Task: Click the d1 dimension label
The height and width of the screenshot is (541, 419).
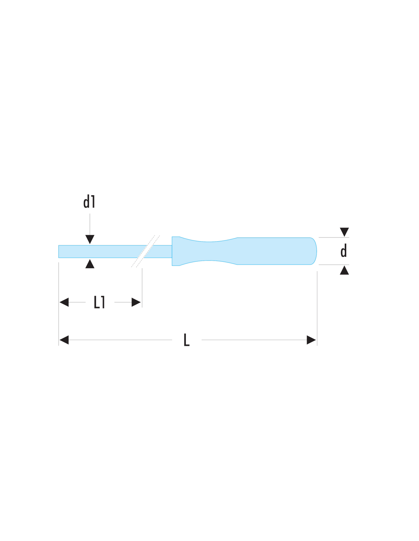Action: point(89,201)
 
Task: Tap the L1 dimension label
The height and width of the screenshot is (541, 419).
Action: point(99,302)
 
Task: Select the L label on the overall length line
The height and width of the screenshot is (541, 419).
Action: point(186,340)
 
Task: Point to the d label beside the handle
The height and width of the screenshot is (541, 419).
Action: point(344,251)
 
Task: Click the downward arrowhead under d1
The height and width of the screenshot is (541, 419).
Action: point(90,239)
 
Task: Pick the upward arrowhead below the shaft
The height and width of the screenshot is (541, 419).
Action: point(90,264)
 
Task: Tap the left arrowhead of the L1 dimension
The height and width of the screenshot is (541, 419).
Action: point(64,302)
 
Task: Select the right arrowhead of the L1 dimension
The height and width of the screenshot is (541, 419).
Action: point(136,302)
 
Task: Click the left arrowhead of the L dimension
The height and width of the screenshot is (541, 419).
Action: point(64,340)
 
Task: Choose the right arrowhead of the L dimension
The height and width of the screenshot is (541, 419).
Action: point(311,340)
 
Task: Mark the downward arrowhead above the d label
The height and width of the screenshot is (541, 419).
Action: point(344,232)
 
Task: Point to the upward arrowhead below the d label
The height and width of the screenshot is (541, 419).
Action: point(344,270)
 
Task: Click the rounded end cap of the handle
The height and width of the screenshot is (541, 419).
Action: point(313,251)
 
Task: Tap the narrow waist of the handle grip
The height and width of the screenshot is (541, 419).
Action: point(208,251)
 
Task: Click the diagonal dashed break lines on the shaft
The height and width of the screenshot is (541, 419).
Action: point(146,251)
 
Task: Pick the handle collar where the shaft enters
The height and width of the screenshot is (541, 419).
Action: point(176,251)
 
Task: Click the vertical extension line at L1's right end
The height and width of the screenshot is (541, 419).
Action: point(142,288)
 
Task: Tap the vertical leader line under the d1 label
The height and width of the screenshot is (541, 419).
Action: point(90,224)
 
